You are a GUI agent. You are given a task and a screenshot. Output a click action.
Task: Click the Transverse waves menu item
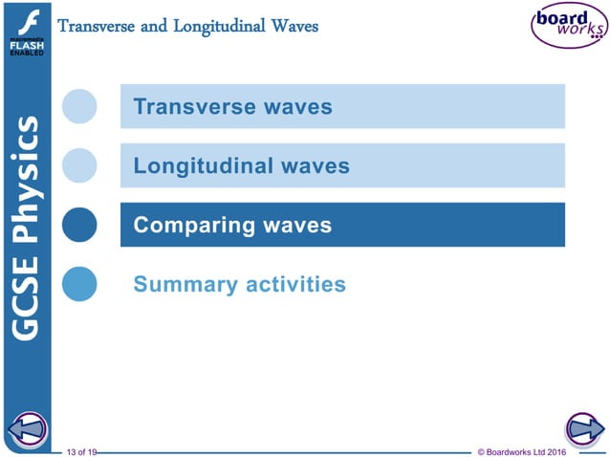(341, 106)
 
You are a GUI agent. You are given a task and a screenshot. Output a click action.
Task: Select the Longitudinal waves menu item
(341, 165)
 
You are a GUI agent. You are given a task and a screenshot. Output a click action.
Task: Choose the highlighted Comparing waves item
(341, 225)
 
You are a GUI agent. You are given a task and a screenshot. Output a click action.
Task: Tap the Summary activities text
(239, 284)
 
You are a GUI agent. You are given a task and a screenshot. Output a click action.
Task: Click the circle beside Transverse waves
(79, 106)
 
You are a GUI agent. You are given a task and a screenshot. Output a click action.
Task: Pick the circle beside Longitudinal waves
(79, 165)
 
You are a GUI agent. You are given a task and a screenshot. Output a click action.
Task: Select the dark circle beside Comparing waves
(79, 225)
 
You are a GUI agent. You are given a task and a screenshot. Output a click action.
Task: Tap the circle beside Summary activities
(79, 284)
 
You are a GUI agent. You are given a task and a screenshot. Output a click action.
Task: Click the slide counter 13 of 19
(81, 449)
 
